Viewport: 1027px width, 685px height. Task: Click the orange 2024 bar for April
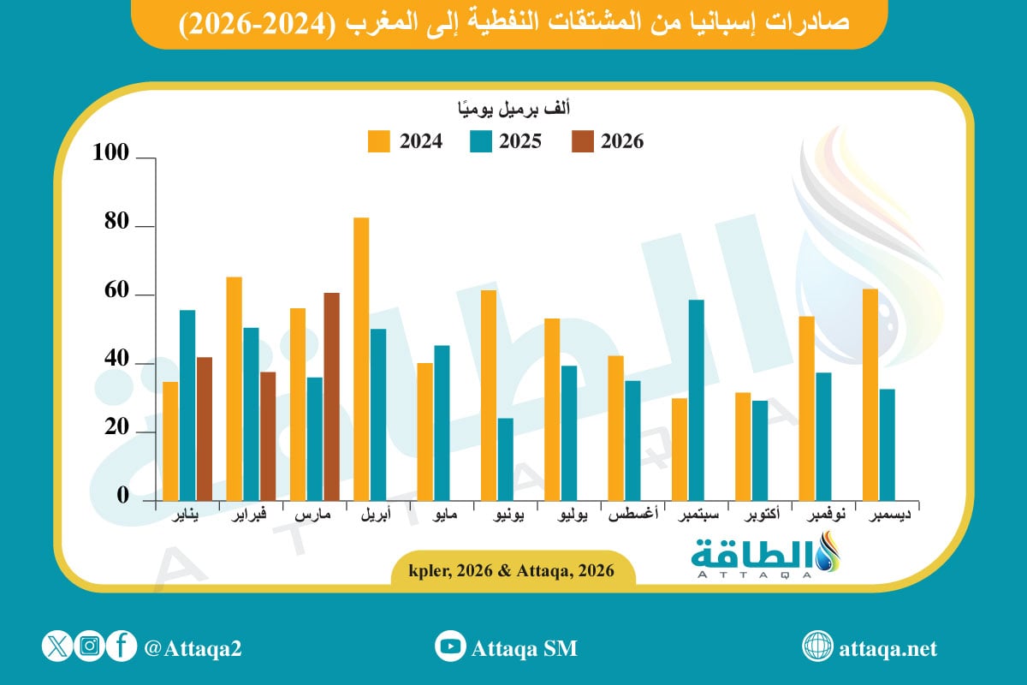[361, 359]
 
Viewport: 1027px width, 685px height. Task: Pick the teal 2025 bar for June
[505, 459]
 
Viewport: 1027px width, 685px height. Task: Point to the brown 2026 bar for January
[204, 429]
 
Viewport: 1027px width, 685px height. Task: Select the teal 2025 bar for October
[760, 450]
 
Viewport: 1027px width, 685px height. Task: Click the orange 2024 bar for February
[234, 389]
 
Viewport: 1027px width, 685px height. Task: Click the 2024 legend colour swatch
[378, 141]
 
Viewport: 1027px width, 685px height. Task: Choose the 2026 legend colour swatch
[581, 141]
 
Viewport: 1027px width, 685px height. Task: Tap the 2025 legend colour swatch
[480, 141]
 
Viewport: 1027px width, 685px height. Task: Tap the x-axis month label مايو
[442, 516]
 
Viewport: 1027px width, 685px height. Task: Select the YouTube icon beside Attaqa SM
[449, 647]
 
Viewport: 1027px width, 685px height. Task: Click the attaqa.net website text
[888, 648]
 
